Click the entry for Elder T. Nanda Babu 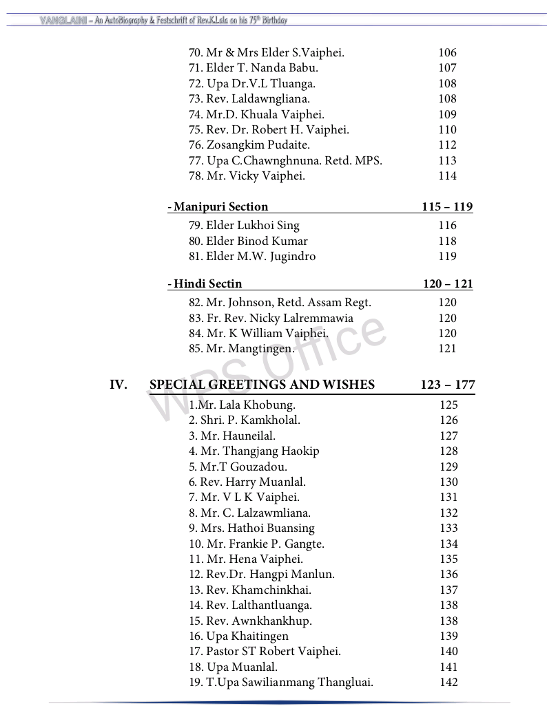[x=253, y=67]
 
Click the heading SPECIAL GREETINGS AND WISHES [x=262, y=385]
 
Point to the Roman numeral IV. [x=118, y=385]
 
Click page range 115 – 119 [x=447, y=206]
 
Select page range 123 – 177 [x=447, y=385]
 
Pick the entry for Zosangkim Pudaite [x=249, y=144]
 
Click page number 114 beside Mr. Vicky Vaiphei [x=447, y=175]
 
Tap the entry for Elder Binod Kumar [x=248, y=241]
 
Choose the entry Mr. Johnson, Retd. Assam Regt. [x=280, y=302]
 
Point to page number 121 [x=447, y=348]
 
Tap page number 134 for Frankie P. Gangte [x=448, y=544]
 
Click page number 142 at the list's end [x=448, y=682]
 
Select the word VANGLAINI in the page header [x=63, y=20]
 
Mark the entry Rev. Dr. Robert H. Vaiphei [x=269, y=129]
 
